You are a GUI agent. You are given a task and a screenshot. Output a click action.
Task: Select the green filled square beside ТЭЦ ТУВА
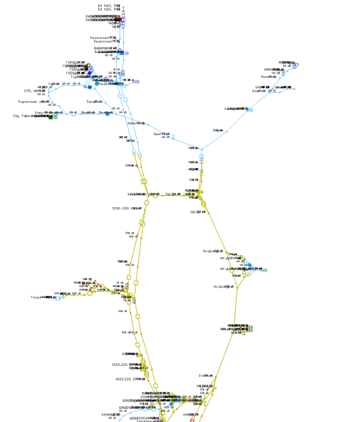pyautogui.click(x=52, y=117)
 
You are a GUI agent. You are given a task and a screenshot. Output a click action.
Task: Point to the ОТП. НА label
pyautogui.click(x=33, y=91)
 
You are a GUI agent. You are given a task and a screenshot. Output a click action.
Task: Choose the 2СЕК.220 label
pyautogui.click(x=121, y=365)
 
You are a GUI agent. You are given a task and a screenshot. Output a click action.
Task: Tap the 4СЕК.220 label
pyautogui.click(x=124, y=378)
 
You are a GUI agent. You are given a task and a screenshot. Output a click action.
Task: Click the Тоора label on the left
pyautogui.click(x=38, y=297)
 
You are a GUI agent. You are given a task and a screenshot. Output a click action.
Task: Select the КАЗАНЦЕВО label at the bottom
pyautogui.click(x=110, y=414)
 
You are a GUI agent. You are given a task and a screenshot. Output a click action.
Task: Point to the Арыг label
pyautogui.click(x=157, y=134)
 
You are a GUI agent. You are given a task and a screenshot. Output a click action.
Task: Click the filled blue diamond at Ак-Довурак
pyautogui.click(x=249, y=265)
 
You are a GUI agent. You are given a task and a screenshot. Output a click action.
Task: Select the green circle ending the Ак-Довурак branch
pyautogui.click(x=265, y=270)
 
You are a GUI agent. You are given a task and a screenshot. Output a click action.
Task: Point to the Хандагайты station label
pyautogui.click(x=234, y=108)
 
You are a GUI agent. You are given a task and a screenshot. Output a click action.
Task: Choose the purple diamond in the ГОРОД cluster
pyautogui.click(x=90, y=73)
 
